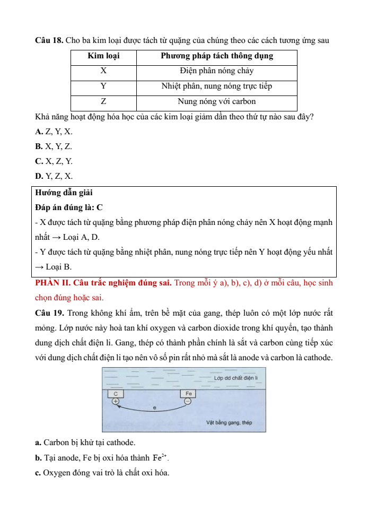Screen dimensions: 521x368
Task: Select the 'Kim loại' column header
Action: [104, 56]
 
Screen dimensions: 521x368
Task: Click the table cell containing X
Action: [104, 71]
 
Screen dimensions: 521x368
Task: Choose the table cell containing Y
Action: [104, 86]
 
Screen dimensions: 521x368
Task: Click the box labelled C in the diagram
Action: [116, 394]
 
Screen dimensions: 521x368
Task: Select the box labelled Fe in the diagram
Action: [188, 394]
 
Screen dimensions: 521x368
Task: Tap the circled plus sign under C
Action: [116, 402]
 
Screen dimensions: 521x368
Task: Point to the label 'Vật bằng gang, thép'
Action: [229, 423]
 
